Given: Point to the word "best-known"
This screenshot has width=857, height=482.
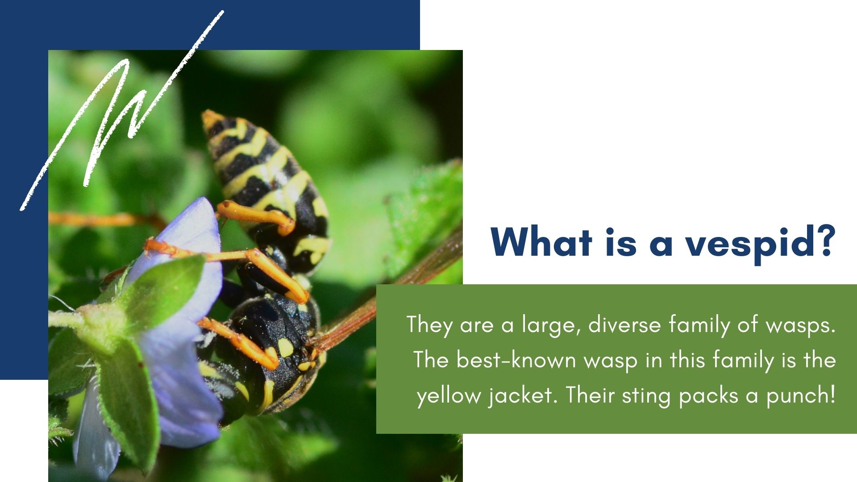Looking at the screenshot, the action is coord(516,359).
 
